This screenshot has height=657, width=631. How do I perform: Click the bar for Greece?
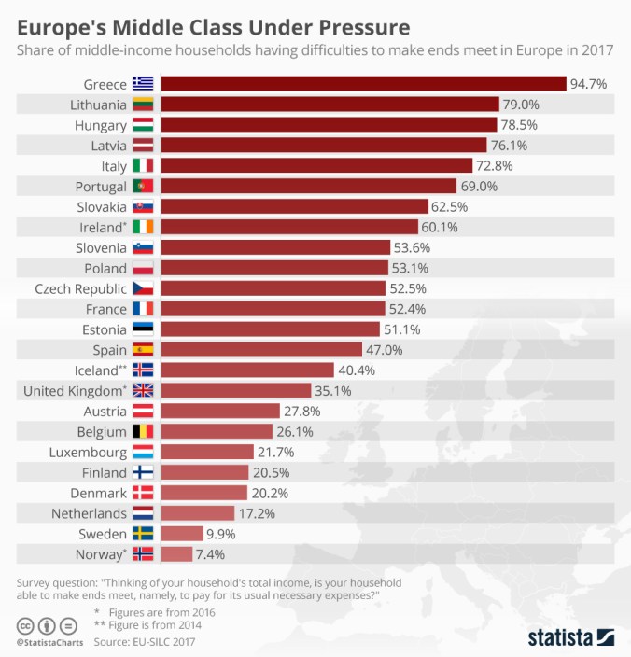(x=364, y=84)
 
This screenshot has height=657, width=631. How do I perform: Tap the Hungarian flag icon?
(x=144, y=125)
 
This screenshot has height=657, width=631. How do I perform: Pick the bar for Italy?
(x=316, y=166)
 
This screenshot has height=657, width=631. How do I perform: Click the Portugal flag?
(x=144, y=187)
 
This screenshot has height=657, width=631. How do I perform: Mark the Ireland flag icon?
(x=144, y=227)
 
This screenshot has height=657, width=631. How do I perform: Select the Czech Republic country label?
(x=80, y=288)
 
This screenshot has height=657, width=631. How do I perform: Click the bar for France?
(x=273, y=309)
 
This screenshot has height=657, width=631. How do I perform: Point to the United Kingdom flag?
(x=144, y=390)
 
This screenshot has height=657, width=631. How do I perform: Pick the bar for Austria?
(x=220, y=411)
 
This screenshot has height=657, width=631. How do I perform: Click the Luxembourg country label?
(x=88, y=452)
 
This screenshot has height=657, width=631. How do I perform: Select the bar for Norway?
(x=176, y=553)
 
